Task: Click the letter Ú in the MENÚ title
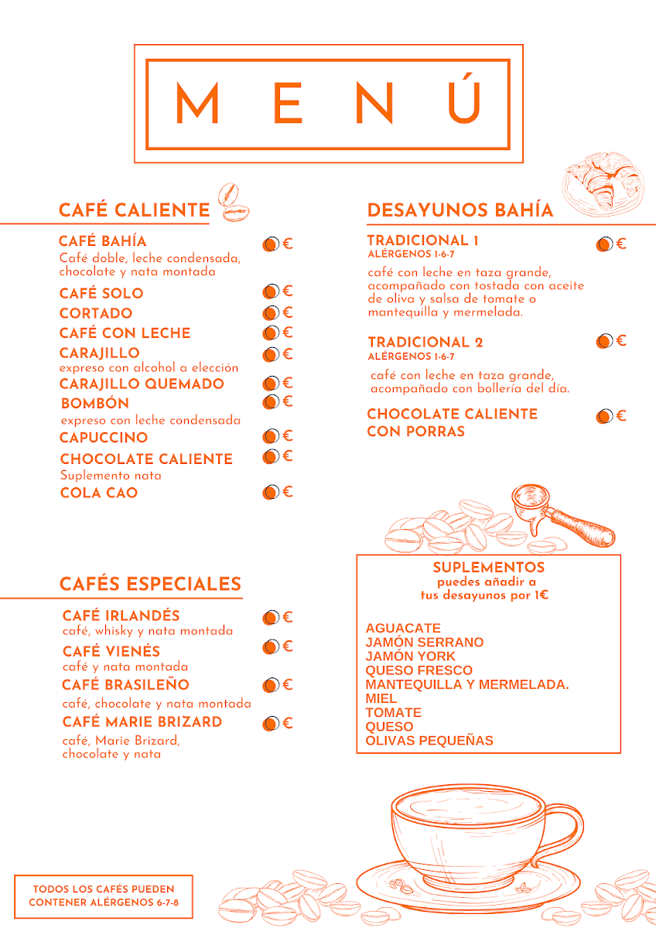(465, 101)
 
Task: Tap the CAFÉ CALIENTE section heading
(134, 210)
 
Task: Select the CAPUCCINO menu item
(104, 438)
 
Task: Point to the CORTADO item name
(96, 313)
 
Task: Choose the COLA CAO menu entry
(99, 493)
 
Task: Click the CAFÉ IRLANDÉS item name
(121, 616)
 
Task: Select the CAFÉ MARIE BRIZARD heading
(142, 722)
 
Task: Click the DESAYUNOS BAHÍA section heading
(460, 210)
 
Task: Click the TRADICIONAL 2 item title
(425, 342)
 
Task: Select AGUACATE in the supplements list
(403, 628)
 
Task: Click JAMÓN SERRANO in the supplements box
(425, 642)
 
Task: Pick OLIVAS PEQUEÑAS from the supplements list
(429, 740)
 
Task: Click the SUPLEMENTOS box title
(489, 568)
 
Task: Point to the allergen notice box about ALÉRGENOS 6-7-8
(104, 896)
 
